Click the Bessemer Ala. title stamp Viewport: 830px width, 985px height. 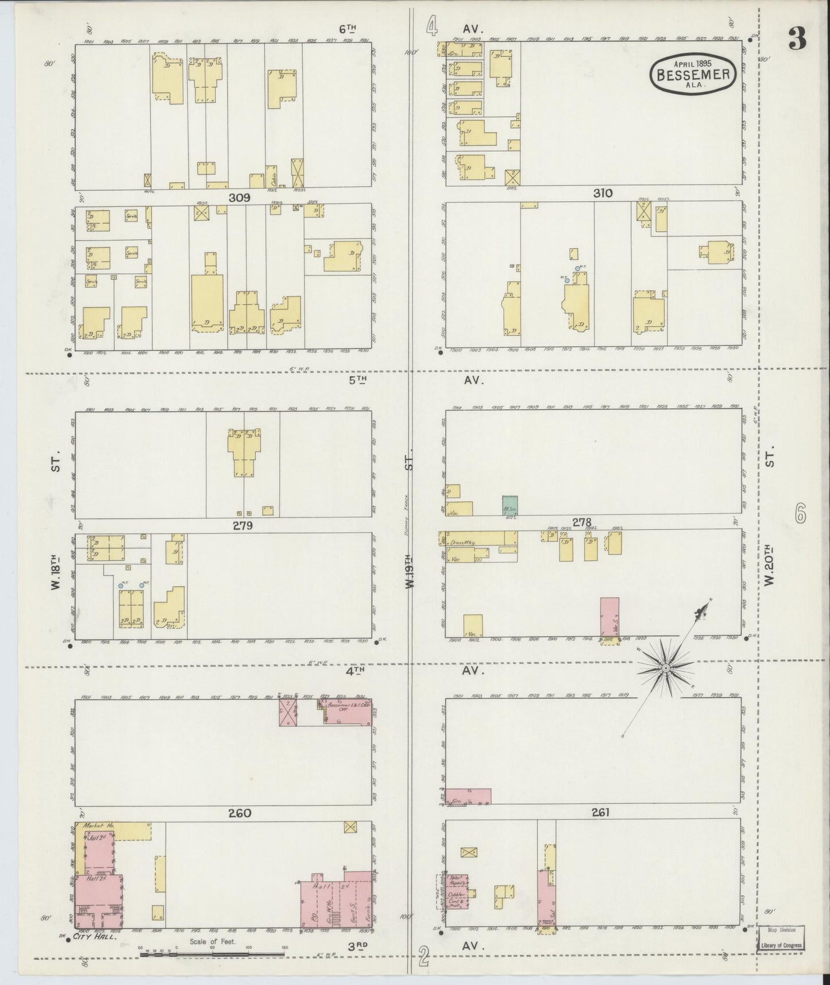(694, 73)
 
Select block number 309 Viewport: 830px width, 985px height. (239, 198)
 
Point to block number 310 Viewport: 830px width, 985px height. (603, 194)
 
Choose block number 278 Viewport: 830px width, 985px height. (581, 522)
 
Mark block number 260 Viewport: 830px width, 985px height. (240, 813)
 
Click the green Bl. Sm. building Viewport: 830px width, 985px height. (509, 505)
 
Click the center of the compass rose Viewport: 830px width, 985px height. (665, 668)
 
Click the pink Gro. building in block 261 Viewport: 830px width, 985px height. (469, 796)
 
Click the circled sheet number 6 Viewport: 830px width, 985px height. (800, 513)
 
